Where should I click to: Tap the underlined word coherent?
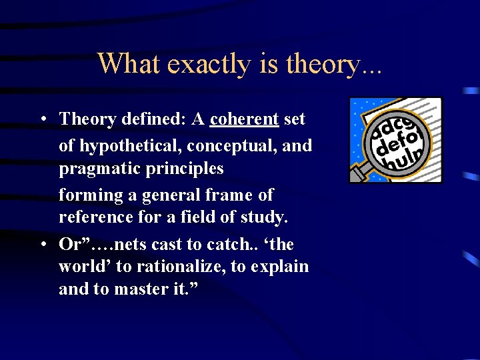click(244, 119)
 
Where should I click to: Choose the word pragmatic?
click(100, 169)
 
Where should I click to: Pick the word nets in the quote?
click(122, 245)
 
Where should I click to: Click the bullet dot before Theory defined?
click(42, 120)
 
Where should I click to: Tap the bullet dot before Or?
click(42, 245)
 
